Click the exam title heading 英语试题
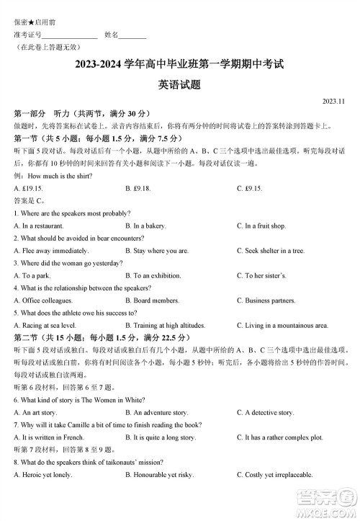(x=179, y=84)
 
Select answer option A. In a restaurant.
(x=39, y=226)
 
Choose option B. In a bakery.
(x=145, y=226)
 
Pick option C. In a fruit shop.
(x=261, y=226)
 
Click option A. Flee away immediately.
(x=51, y=251)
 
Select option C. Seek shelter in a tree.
(x=271, y=251)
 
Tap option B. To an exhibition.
(x=156, y=275)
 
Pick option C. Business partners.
(x=266, y=300)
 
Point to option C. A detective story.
(x=265, y=412)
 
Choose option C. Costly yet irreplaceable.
(x=274, y=475)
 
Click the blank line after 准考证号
(x=70, y=35)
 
